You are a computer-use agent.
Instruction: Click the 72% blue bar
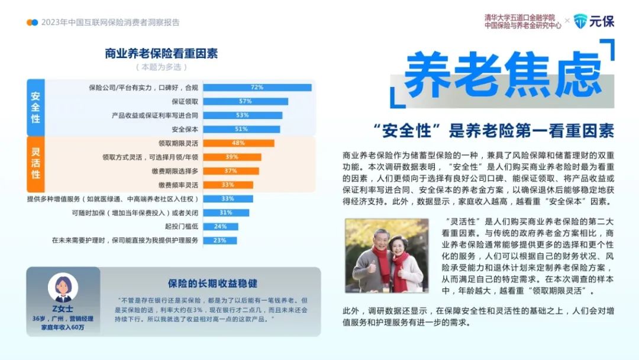click(257, 88)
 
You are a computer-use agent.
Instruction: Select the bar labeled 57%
click(246, 101)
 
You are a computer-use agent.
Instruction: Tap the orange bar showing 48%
click(238, 143)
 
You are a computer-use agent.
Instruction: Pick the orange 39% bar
click(232, 157)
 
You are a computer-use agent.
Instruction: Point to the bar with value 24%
click(221, 226)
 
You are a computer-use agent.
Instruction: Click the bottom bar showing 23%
click(220, 240)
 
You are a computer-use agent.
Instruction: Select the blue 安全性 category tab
click(35, 108)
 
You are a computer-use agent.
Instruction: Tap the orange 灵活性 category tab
click(35, 164)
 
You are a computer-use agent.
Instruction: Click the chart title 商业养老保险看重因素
click(162, 53)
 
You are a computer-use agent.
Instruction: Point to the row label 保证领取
click(185, 101)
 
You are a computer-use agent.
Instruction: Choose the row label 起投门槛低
click(182, 226)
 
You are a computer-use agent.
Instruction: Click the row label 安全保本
click(185, 129)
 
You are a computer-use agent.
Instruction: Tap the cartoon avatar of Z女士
click(63, 288)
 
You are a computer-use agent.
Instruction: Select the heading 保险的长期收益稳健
click(212, 284)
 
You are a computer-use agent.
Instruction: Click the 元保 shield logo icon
click(580, 21)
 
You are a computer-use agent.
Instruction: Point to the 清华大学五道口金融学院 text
click(519, 18)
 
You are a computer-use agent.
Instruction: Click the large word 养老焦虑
click(502, 75)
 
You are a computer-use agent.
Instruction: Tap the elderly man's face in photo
click(380, 240)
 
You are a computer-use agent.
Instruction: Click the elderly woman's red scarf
click(400, 269)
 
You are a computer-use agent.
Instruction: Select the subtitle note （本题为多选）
click(162, 67)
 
